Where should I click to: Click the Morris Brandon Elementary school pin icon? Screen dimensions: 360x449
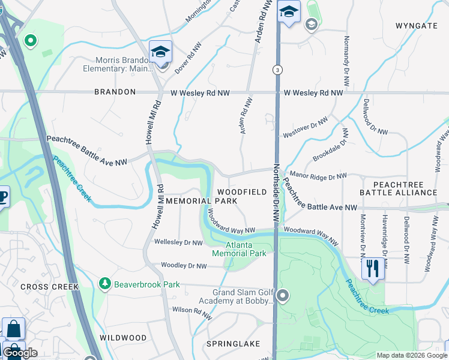point(161,52)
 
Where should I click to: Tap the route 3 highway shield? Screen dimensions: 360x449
point(277,70)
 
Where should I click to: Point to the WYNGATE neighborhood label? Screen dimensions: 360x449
point(416,26)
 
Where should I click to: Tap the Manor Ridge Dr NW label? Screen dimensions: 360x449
point(318,176)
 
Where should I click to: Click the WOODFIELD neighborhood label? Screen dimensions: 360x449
point(246,191)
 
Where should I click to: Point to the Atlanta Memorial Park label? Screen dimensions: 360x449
point(238,249)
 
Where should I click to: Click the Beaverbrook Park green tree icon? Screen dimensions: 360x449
point(105,283)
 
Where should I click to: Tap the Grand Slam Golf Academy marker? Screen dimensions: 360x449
point(283,295)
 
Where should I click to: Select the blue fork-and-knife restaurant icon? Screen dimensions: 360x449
point(372,267)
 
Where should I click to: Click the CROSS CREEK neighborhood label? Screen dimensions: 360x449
point(49,287)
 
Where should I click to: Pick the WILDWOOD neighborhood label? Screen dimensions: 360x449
point(122,338)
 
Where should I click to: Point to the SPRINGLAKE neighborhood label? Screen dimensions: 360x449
point(233,344)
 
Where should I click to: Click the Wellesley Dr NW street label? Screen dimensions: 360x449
point(178,242)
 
